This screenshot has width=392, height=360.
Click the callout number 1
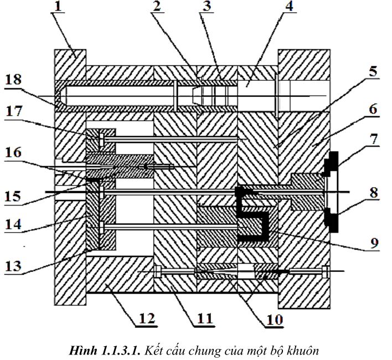(x=58, y=6)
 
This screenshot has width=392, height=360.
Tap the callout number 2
(x=157, y=6)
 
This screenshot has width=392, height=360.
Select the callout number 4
(x=289, y=6)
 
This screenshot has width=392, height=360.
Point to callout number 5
(x=373, y=71)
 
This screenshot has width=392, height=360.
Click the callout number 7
(x=374, y=139)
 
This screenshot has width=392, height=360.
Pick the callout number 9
(x=374, y=243)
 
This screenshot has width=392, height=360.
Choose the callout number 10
(x=275, y=320)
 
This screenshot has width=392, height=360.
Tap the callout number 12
(x=147, y=318)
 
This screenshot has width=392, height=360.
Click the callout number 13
(x=13, y=265)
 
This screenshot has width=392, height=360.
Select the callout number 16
(x=13, y=152)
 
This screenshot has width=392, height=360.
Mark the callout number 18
(x=13, y=80)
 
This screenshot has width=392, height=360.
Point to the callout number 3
(x=207, y=6)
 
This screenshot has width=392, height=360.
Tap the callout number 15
(x=13, y=196)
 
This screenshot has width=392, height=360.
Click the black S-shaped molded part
(x=252, y=214)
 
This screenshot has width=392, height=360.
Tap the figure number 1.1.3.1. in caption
(x=121, y=351)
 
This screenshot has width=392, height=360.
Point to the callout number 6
(x=373, y=109)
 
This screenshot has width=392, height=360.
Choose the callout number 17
(x=13, y=111)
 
